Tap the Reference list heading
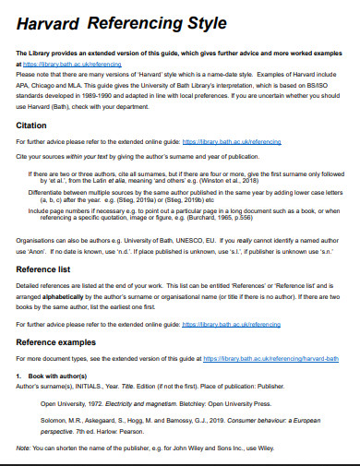coord(47,269)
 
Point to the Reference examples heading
coord(61,341)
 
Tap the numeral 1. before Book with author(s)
coord(19,376)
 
